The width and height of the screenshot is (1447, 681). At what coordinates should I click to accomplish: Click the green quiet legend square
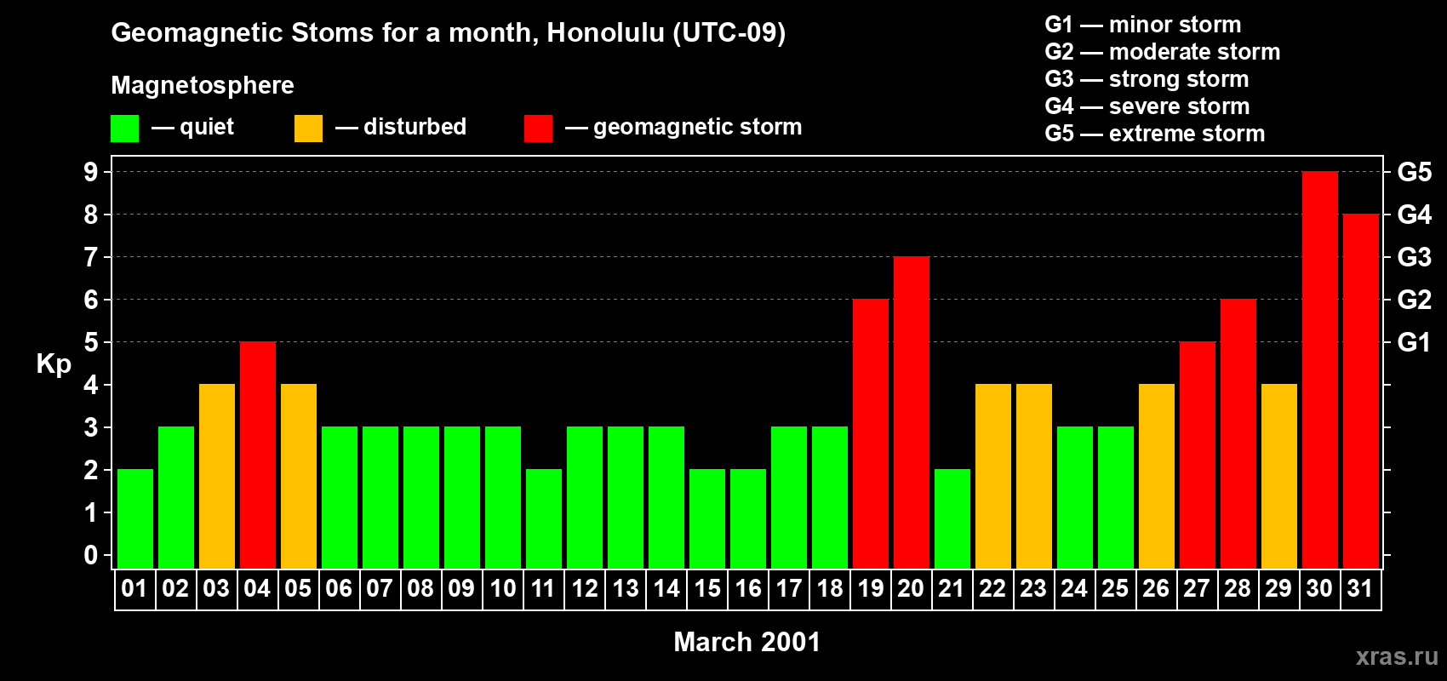coord(125,129)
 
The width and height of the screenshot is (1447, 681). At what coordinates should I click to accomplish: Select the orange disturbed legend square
coord(308,129)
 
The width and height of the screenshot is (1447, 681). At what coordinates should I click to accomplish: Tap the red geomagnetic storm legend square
coord(538,129)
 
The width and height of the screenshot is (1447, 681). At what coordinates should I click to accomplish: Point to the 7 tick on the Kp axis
coord(91,257)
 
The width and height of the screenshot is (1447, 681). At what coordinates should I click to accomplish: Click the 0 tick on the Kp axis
coord(91,556)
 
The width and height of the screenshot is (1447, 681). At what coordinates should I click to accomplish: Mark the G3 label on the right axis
coord(1414,257)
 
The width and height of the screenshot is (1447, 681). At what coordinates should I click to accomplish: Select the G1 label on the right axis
coord(1414,342)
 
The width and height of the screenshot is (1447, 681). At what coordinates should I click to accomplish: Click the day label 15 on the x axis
coord(707,589)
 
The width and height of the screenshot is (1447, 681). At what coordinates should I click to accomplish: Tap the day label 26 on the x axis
coord(1156,589)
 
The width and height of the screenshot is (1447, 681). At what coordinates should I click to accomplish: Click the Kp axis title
coord(54,364)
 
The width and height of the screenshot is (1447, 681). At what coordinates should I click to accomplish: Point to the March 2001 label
coord(746,642)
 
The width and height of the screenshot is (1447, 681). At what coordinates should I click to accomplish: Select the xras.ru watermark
coord(1397,656)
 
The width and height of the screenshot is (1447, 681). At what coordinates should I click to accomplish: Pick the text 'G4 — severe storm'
coord(1147,106)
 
